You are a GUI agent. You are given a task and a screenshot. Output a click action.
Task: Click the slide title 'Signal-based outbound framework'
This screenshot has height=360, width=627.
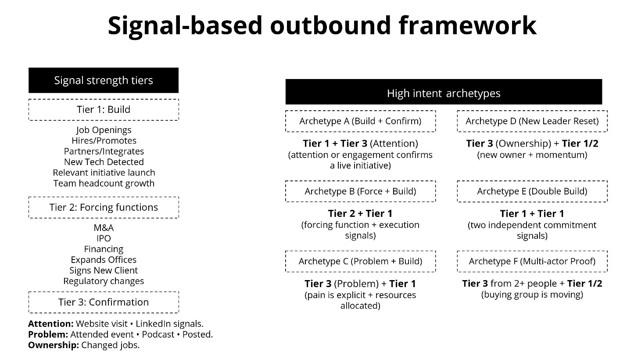tap(322, 25)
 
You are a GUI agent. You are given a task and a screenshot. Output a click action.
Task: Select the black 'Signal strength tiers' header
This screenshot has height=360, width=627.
tap(104, 80)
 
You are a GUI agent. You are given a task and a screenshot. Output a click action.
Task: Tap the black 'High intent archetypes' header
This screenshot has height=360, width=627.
tap(444, 93)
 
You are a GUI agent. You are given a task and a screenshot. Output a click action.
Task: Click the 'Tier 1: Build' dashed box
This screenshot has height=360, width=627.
tap(104, 110)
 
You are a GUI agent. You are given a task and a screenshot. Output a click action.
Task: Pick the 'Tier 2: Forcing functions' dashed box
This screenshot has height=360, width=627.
tap(104, 207)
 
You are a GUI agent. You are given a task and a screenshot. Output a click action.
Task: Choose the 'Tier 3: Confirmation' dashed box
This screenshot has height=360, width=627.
tap(104, 302)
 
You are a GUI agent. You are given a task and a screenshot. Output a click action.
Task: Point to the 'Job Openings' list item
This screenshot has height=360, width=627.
tap(104, 130)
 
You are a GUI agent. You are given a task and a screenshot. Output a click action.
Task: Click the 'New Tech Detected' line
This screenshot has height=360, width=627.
tap(104, 162)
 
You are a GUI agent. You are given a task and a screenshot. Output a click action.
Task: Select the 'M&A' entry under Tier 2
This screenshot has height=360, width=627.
tap(104, 228)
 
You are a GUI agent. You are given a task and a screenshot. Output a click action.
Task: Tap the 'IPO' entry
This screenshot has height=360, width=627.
tap(104, 238)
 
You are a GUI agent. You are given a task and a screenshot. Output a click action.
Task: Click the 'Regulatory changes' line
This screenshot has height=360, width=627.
tap(104, 281)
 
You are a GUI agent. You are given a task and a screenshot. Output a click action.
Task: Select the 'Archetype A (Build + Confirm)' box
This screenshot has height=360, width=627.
tap(360, 121)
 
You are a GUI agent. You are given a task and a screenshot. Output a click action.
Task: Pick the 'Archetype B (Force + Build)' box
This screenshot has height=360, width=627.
tap(360, 191)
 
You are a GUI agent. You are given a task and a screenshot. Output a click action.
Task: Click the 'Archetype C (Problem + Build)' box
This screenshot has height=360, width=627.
tap(360, 261)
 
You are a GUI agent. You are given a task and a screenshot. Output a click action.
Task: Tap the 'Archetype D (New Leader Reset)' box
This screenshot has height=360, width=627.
tap(532, 121)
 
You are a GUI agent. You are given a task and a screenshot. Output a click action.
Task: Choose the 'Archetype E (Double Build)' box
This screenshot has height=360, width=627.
tap(532, 191)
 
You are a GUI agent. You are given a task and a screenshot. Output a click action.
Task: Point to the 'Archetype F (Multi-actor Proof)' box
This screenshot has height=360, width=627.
tap(532, 261)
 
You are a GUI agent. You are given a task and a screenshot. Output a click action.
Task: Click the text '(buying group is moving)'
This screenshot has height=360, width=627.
tap(532, 295)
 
